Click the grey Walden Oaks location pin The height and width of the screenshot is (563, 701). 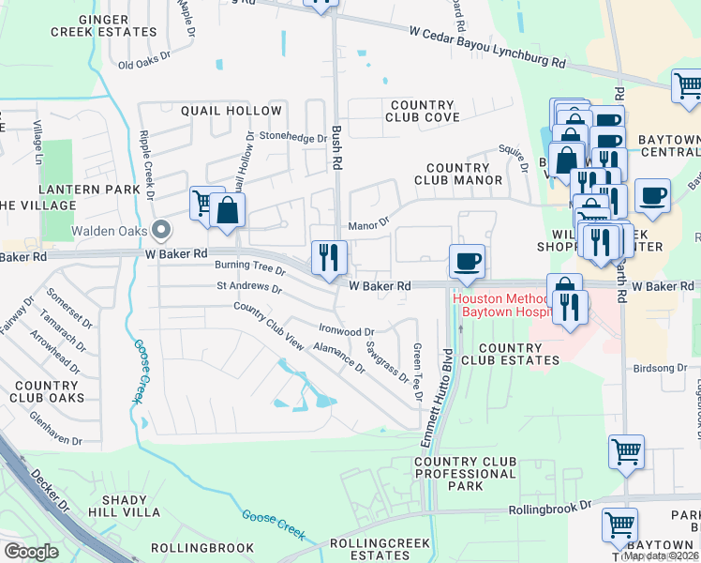(x=160, y=229)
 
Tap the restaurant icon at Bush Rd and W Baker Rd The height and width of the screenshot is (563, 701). (x=329, y=256)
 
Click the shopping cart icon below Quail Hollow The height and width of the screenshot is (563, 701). (x=203, y=202)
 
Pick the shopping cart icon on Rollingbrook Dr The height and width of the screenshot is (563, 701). (x=619, y=525)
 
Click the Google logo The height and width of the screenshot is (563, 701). (x=31, y=552)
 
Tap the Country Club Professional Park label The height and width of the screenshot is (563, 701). (x=465, y=474)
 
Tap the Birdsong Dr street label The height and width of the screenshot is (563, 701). (x=662, y=369)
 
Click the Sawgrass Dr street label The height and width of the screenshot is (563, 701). (x=387, y=363)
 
